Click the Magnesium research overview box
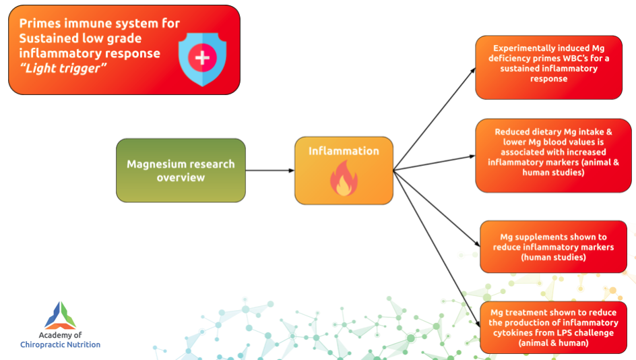tap(181, 171)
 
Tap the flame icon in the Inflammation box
tap(344, 178)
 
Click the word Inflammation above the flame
tap(344, 151)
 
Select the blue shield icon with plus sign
tap(202, 59)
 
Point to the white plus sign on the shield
tap(202, 57)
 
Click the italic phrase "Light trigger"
tap(63, 68)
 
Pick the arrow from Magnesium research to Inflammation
tap(269, 171)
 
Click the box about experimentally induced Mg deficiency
tap(549, 67)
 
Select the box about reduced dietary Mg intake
tap(553, 156)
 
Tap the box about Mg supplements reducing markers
tap(553, 247)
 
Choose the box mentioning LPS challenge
tap(553, 328)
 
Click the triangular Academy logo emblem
tap(61, 316)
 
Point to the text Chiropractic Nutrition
tap(61, 344)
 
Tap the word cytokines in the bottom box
tap(511, 333)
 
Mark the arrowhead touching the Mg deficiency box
tap(472, 71)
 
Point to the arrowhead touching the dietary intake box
tap(472, 156)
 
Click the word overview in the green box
tap(181, 178)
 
